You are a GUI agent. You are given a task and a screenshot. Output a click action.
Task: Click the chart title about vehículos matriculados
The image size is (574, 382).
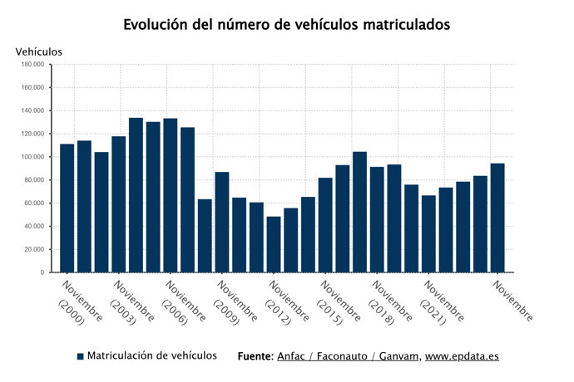pos(287,25)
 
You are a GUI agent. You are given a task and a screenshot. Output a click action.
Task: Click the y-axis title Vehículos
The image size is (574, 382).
pos(38,51)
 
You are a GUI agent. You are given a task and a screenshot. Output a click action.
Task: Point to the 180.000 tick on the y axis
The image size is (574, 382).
pos(32,64)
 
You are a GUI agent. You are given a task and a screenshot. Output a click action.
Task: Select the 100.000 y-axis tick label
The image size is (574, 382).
pos(32,157)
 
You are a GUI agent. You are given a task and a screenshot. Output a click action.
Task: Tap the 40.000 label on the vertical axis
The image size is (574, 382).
pos(34,227)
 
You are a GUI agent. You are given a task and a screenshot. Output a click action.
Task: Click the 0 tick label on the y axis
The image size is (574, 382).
pos(42,272)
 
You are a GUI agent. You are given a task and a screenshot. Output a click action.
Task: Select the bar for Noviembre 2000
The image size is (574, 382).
pos(67,208)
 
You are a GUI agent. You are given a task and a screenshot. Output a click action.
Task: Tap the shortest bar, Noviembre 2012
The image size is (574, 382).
pos(274,244)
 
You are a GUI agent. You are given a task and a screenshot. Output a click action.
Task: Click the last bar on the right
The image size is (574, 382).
pos(497,218)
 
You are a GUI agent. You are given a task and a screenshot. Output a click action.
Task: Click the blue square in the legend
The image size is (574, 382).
pos(80,355)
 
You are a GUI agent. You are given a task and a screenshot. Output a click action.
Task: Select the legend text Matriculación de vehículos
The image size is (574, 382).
pos(151,355)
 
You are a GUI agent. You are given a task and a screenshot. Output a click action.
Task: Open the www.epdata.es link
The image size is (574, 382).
pos(462,356)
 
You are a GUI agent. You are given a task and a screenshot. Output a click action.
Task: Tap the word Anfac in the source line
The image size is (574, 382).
pos(292,356)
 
